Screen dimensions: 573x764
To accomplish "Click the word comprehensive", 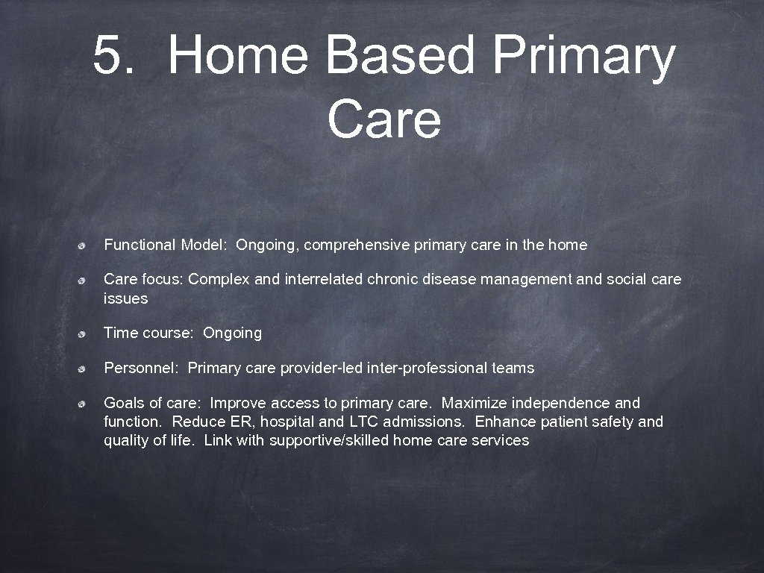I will pyautogui.click(x=360, y=245).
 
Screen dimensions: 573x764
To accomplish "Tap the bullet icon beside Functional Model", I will pyautogui.click(x=87, y=245).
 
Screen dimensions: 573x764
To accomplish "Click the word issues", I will pyautogui.click(x=125, y=298).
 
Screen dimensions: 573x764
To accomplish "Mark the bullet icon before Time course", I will pyautogui.click(x=87, y=334).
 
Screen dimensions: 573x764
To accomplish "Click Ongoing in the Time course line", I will pyautogui.click(x=232, y=334).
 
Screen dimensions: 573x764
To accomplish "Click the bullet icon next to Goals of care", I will pyautogui.click(x=87, y=404).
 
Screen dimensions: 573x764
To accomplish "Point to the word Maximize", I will pyautogui.click(x=475, y=404).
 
